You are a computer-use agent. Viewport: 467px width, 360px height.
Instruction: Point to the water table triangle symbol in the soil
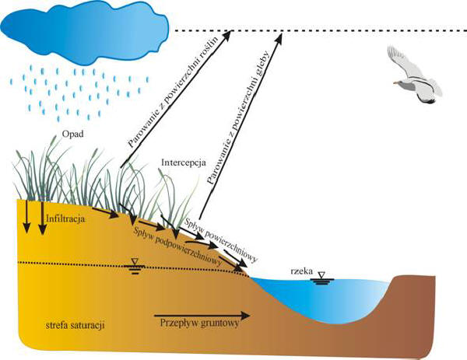[x=135, y=263]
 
